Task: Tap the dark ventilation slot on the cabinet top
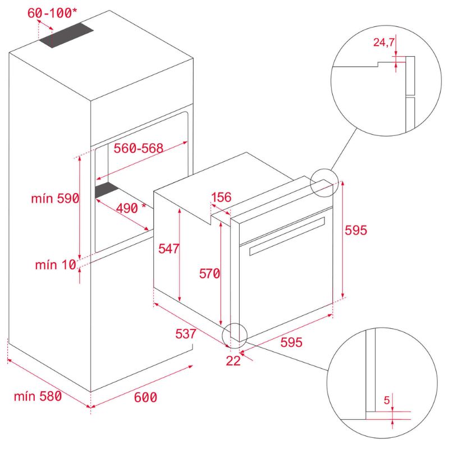(x=66, y=35)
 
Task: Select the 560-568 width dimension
(x=138, y=148)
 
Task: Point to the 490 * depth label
(x=130, y=208)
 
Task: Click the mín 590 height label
(x=55, y=198)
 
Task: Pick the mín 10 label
(x=55, y=265)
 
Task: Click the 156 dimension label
(x=221, y=197)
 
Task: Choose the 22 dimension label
(x=233, y=361)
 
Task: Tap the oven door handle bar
(x=286, y=235)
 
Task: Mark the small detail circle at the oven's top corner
(x=324, y=183)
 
